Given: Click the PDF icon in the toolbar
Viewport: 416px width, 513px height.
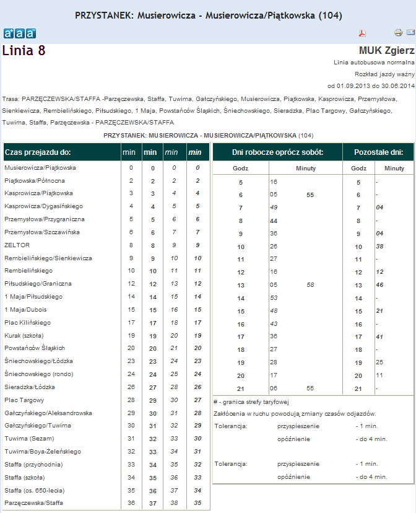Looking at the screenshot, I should (363, 33).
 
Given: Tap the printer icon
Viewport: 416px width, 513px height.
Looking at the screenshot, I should (398, 32).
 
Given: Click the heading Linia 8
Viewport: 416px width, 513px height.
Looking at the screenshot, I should (24, 51).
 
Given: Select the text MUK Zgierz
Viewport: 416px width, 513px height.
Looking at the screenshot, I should (386, 50).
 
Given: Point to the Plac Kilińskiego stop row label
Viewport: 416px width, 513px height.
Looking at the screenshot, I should (28, 323).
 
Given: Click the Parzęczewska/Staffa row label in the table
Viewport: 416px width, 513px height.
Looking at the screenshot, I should (33, 502).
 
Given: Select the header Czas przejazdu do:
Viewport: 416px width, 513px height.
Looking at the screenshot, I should (38, 152).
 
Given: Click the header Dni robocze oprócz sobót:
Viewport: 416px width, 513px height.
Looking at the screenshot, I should (277, 152).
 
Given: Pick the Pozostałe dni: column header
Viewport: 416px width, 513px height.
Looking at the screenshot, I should (378, 152).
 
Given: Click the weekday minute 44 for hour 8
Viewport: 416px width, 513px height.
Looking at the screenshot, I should (273, 221).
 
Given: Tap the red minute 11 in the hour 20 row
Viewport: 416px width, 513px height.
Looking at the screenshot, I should (379, 375).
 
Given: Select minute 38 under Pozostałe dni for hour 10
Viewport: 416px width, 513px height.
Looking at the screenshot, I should (380, 246).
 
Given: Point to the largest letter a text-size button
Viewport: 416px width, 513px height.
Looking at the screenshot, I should (30, 33).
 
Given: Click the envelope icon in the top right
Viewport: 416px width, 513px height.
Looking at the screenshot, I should (410, 32).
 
